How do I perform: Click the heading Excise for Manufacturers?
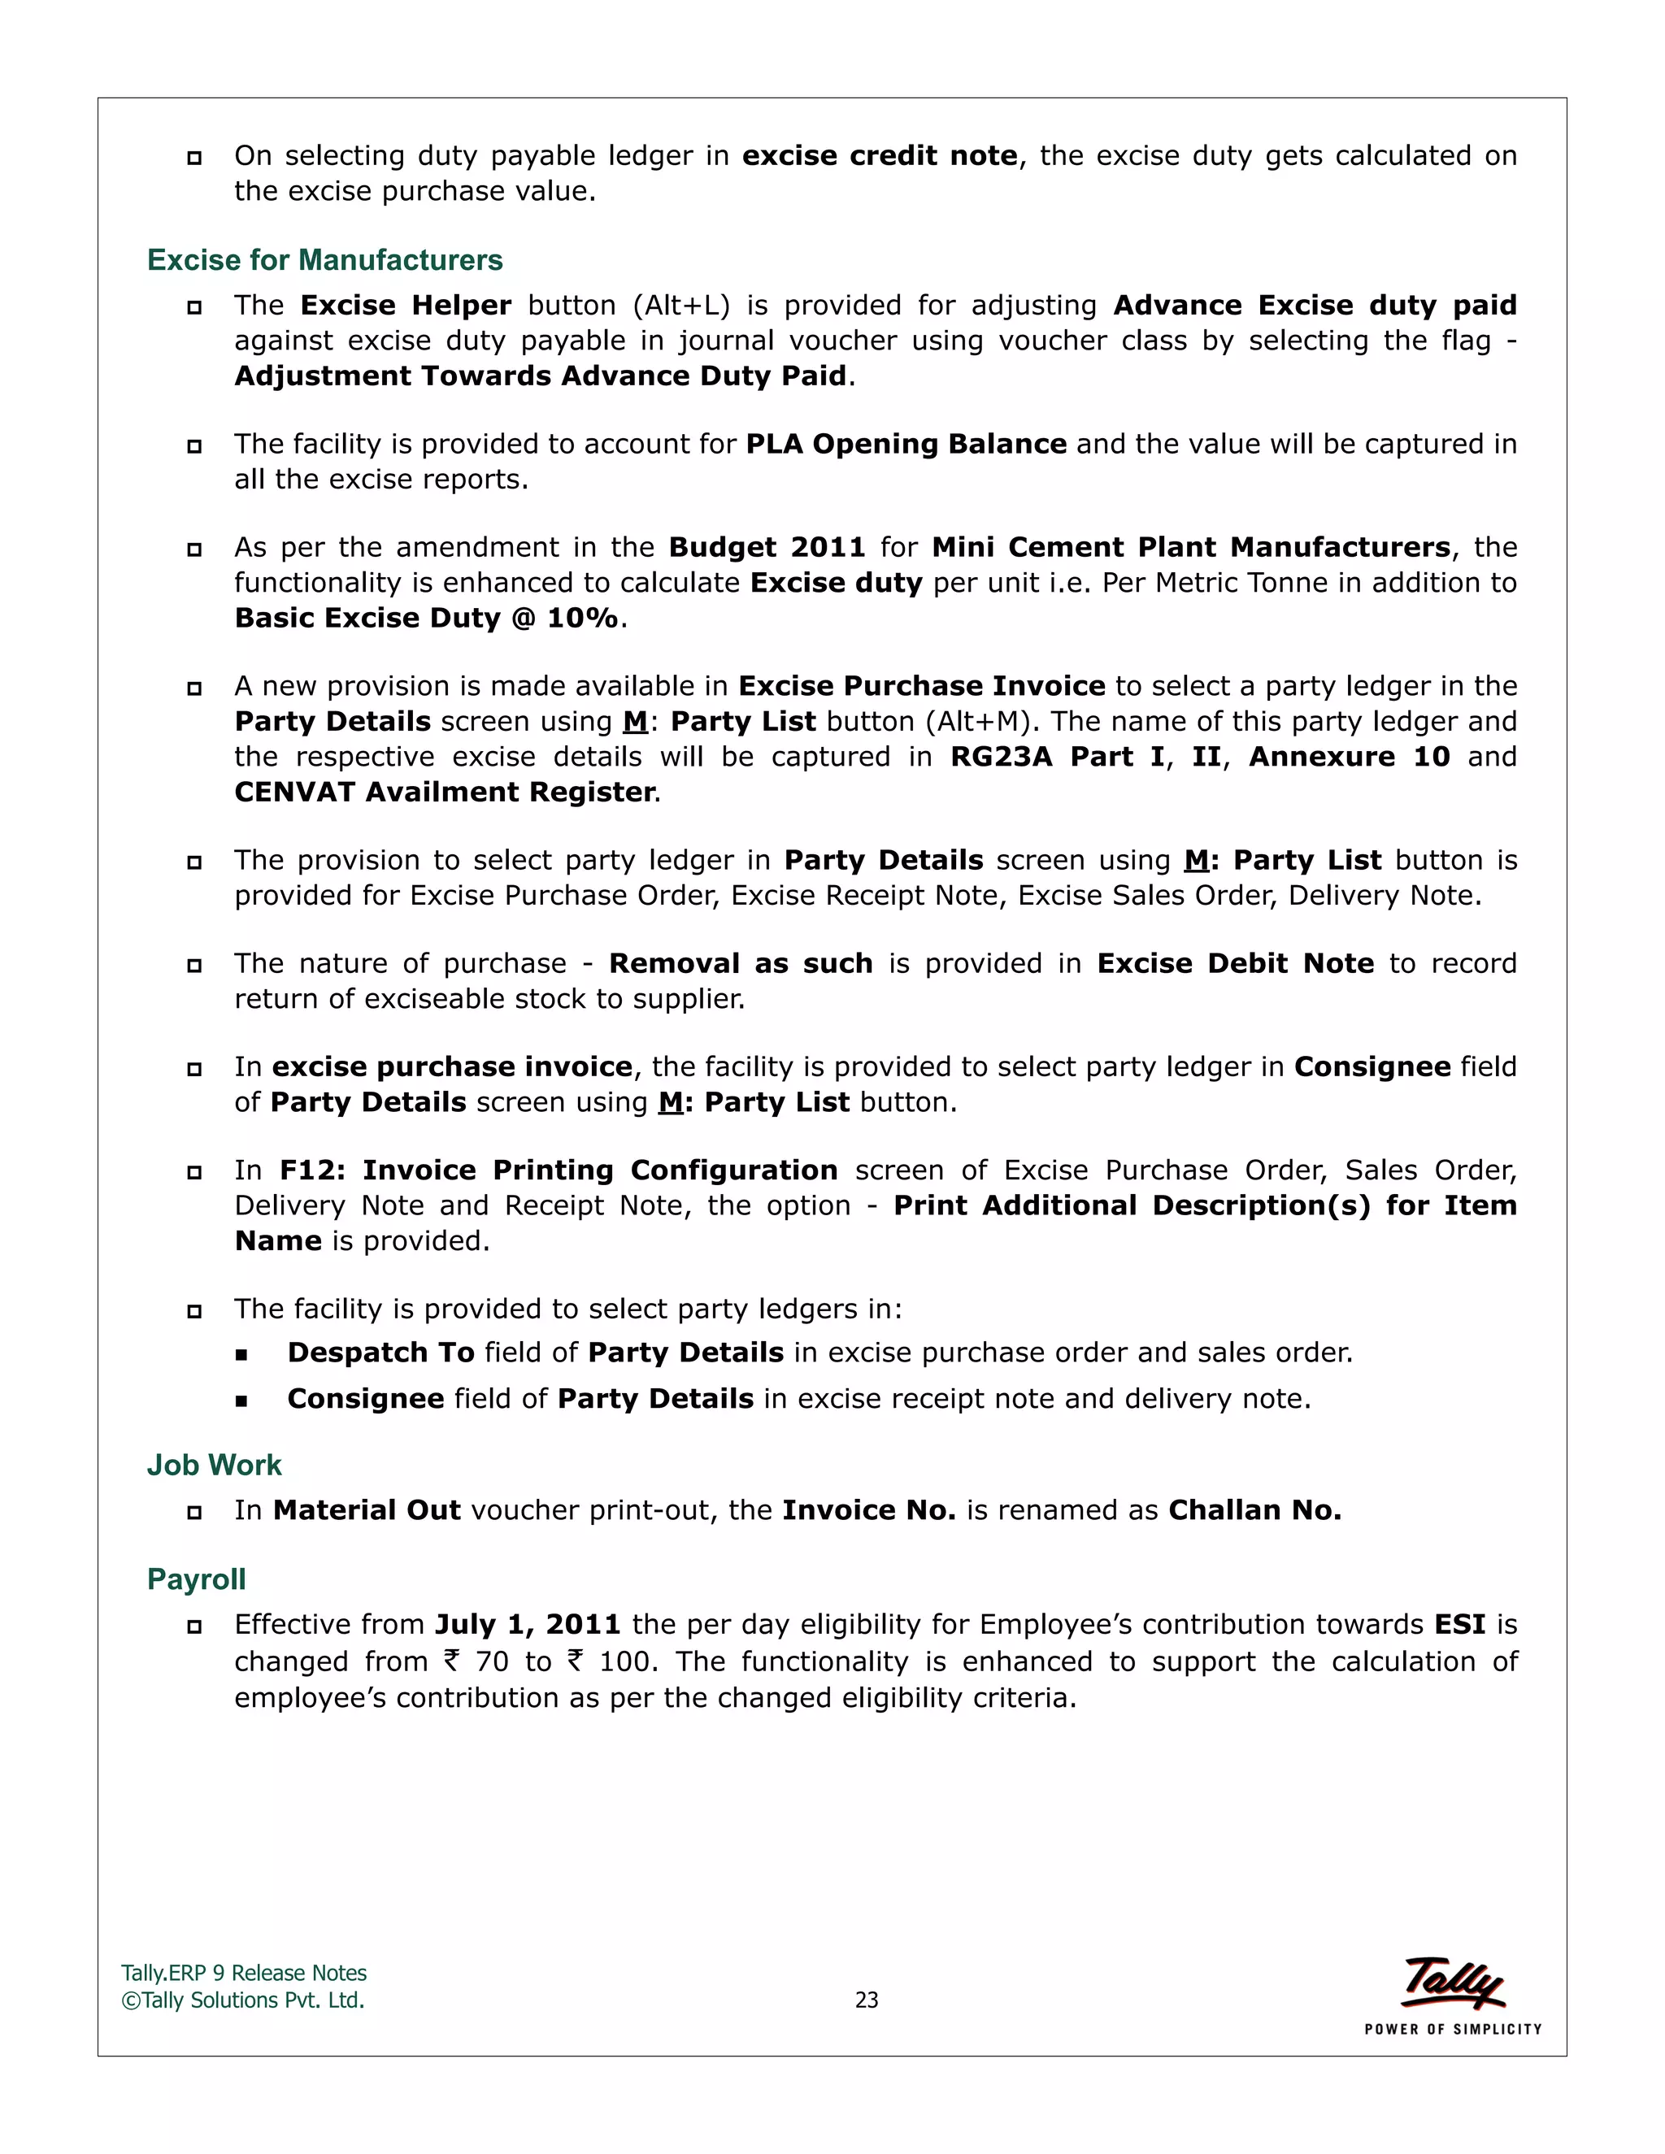tap(324, 259)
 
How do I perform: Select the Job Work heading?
tap(214, 1465)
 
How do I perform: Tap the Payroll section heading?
tap(196, 1579)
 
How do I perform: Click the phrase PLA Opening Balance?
tap(906, 444)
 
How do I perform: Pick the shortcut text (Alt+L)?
tap(680, 306)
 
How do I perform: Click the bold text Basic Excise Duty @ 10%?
tap(426, 619)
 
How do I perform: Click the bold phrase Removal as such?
tap(740, 963)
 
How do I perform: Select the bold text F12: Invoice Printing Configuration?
tap(559, 1170)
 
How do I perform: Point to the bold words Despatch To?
tap(380, 1353)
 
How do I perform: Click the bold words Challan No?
tap(1254, 1510)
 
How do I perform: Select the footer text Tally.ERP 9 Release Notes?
tap(244, 1974)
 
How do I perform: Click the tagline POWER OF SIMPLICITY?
tap(1452, 2030)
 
